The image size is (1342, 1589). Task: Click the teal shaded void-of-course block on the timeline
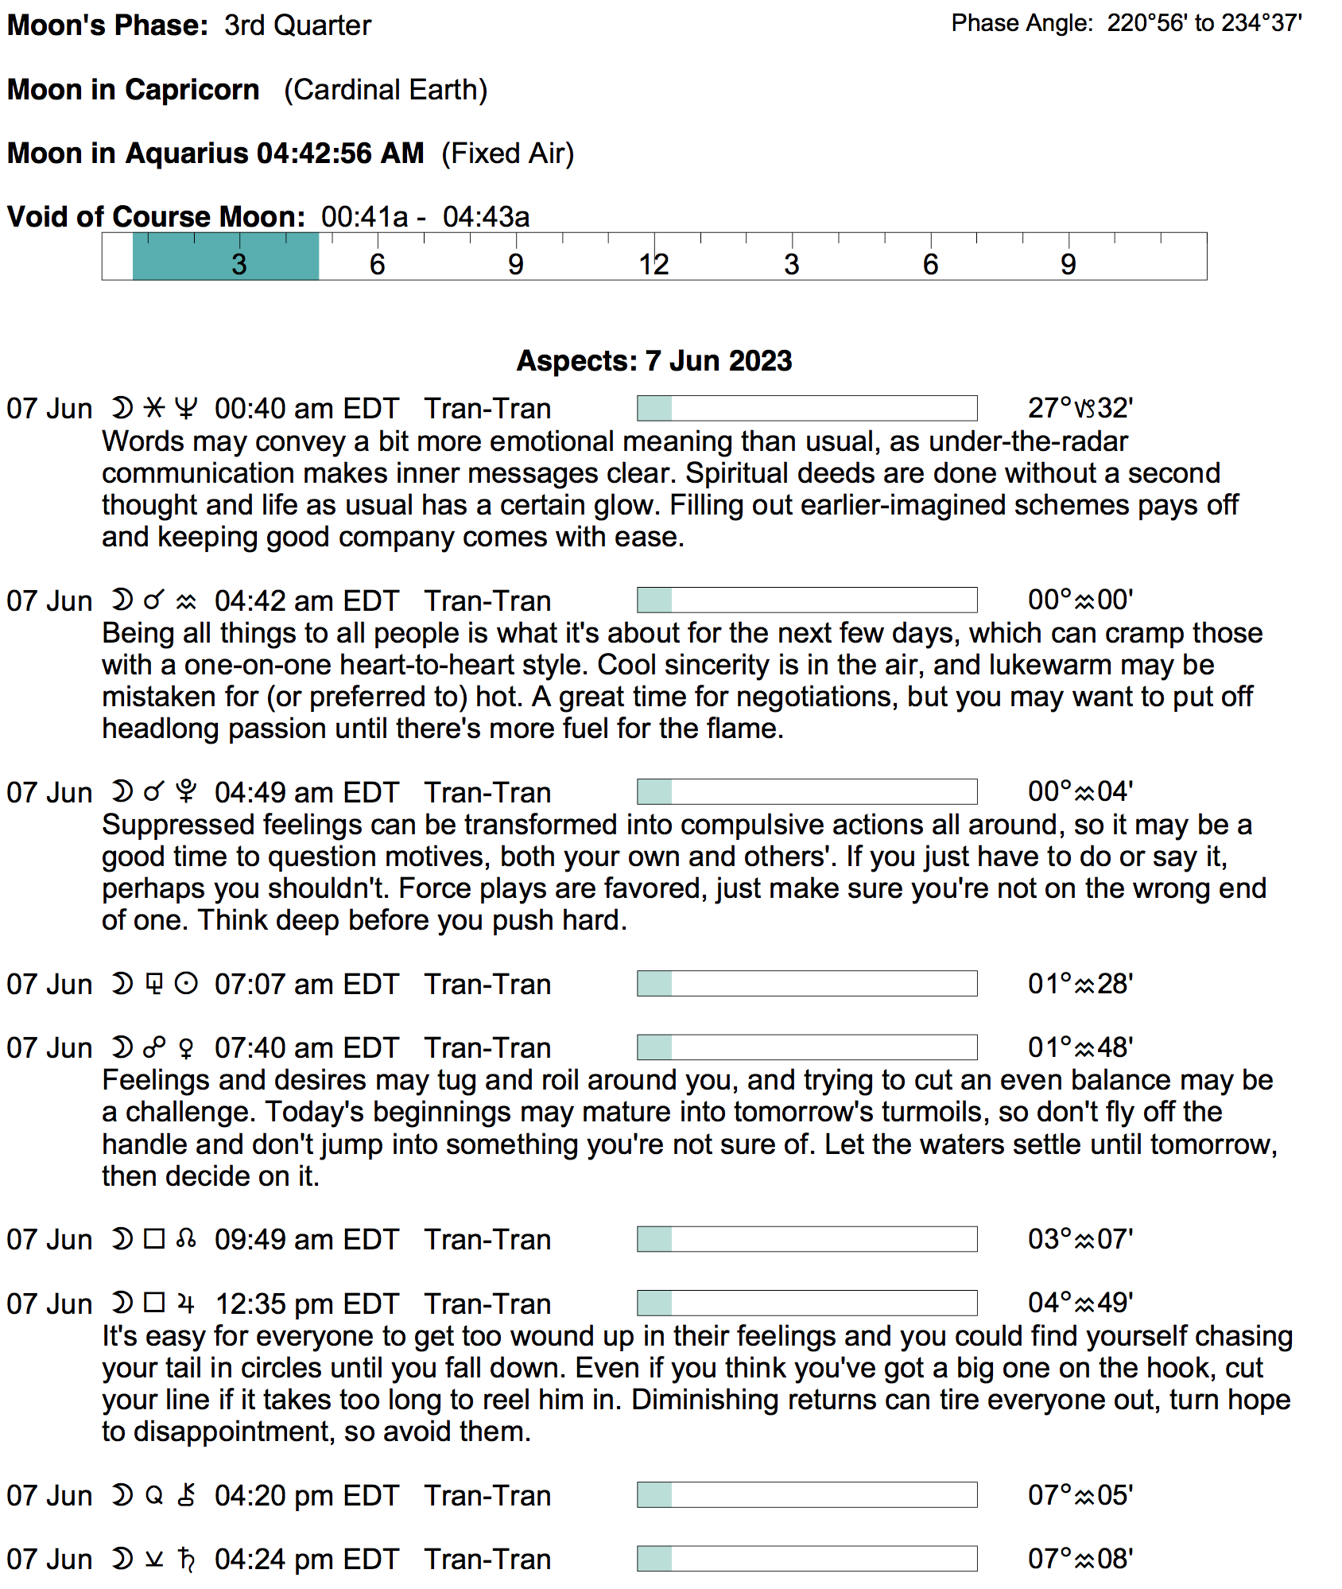pos(225,256)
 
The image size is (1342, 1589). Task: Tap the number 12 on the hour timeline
pos(654,264)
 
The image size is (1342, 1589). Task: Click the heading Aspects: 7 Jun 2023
pos(654,360)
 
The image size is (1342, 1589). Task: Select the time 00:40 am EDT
pos(306,408)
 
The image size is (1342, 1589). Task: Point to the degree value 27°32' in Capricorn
pos(1080,408)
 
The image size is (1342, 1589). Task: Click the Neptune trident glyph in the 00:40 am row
pos(185,408)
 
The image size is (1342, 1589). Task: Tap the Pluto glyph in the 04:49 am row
pos(185,791)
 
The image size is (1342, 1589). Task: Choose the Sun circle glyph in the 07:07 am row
pos(185,984)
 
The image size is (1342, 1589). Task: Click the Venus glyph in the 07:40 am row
pos(186,1048)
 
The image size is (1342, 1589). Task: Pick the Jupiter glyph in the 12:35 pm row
pos(186,1303)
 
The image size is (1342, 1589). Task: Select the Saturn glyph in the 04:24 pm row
pos(186,1560)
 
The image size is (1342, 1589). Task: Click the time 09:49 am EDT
pos(306,1239)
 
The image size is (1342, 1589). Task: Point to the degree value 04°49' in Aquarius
pos(1080,1303)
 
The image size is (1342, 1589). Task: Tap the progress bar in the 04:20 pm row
pos(806,1494)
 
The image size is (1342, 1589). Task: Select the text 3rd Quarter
pos(297,25)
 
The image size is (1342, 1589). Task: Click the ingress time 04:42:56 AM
pos(340,153)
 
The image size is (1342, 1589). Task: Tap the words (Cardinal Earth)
pos(386,90)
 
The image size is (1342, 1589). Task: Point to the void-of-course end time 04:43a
pos(486,216)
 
